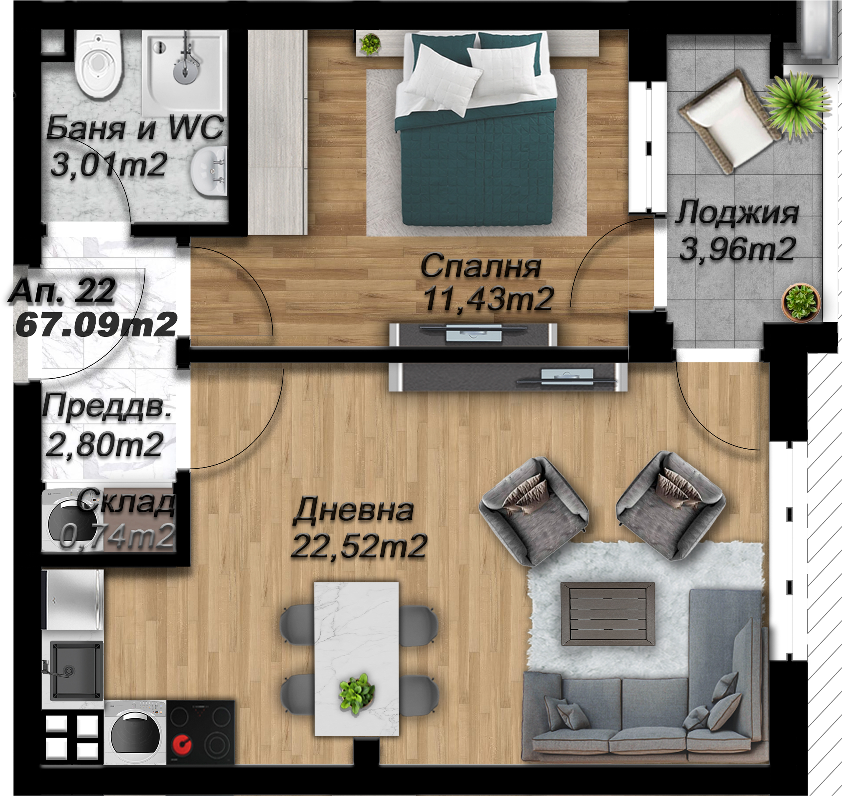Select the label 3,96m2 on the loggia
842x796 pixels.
click(737, 249)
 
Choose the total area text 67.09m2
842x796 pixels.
click(96, 325)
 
